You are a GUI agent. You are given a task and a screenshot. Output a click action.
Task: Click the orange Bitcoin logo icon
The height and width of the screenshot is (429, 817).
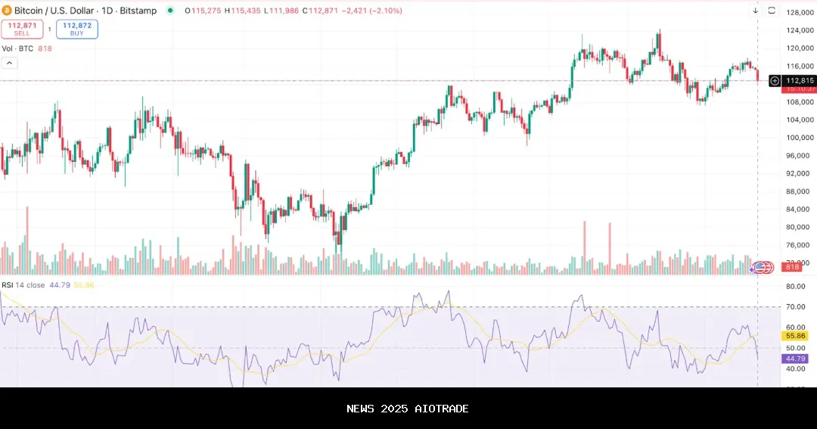7,11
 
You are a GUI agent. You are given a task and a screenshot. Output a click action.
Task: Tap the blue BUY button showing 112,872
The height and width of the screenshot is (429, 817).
76,30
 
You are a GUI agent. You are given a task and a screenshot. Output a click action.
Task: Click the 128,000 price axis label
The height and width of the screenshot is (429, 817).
800,13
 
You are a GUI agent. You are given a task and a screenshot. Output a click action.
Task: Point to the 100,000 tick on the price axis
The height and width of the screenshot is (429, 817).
800,138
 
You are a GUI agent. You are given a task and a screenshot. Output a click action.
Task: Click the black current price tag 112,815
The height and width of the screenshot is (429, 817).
800,81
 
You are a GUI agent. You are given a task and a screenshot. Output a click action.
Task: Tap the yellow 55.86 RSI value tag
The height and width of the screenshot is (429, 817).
796,335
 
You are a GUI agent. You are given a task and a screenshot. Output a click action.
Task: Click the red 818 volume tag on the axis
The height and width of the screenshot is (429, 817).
794,267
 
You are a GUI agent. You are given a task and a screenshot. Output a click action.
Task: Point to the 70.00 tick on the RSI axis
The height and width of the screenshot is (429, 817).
795,306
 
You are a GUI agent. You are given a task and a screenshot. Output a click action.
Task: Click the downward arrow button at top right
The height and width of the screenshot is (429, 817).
755,11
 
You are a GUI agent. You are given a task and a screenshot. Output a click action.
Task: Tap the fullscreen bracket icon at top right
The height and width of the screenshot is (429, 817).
772,11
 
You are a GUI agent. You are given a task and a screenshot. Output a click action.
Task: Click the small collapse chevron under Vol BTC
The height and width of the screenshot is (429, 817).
9,63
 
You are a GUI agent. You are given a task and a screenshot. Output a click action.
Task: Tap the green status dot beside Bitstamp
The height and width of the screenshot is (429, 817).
169,11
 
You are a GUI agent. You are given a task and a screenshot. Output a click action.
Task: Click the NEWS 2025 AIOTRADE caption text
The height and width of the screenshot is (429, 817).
408,409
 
